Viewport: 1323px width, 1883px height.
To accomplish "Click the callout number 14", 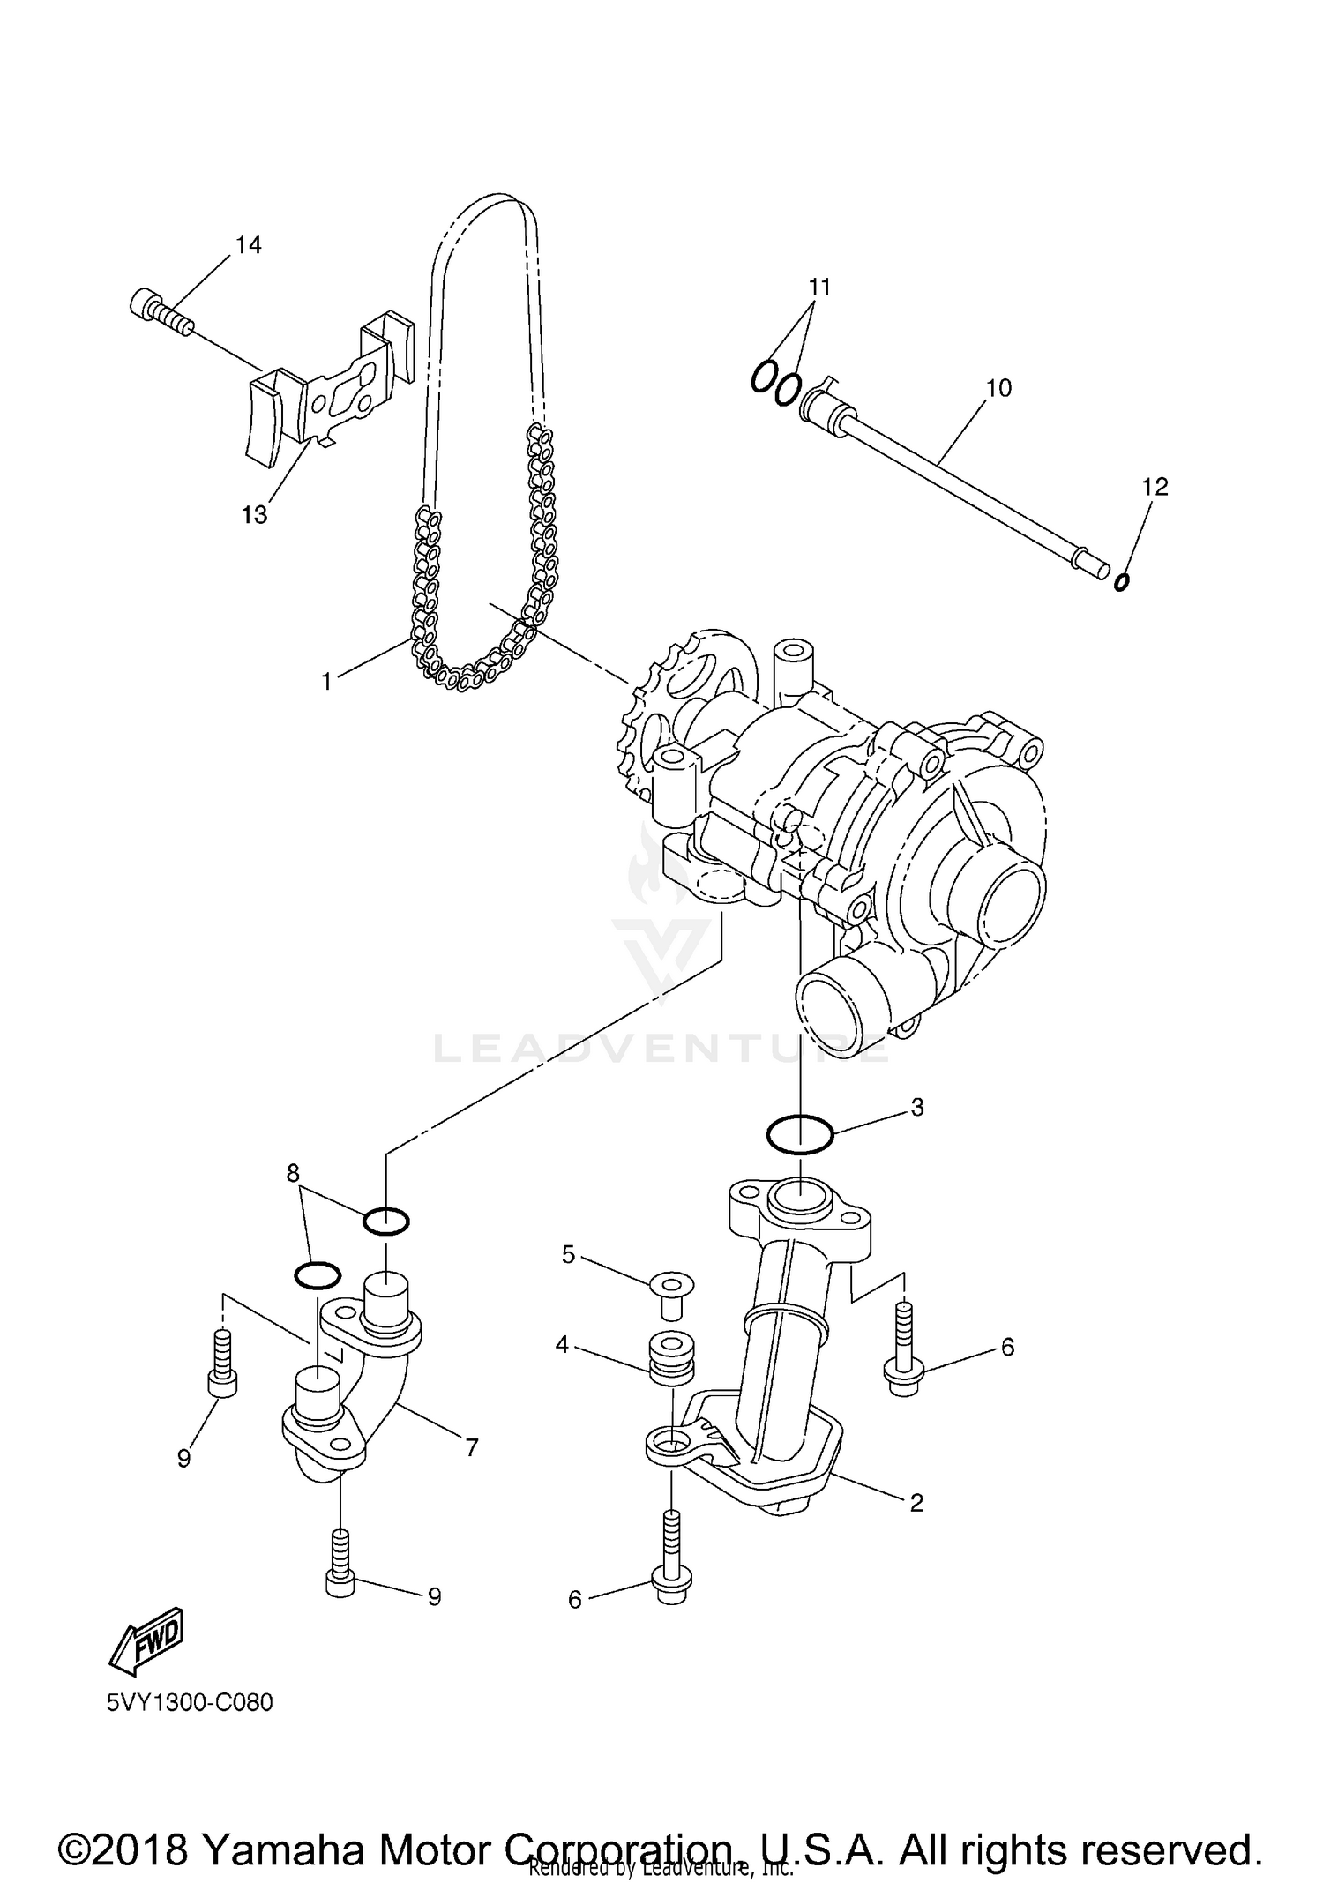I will point(249,245).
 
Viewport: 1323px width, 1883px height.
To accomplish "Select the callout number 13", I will point(254,514).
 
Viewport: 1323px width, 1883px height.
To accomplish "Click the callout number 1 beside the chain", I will point(326,682).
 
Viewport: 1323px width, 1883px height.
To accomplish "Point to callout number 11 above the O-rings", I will point(820,287).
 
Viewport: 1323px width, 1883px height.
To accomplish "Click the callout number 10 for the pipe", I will point(998,387).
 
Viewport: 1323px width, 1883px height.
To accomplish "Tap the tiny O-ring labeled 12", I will point(1121,581).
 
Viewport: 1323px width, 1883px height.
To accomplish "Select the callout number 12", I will point(1155,486).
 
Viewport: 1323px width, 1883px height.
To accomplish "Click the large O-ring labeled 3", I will point(799,1134).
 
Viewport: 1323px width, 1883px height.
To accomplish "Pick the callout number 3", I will point(917,1108).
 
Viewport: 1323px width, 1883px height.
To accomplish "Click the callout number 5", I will point(568,1254).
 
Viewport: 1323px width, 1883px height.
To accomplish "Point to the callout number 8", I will point(293,1172).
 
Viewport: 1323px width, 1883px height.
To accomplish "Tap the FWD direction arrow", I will point(146,1640).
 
